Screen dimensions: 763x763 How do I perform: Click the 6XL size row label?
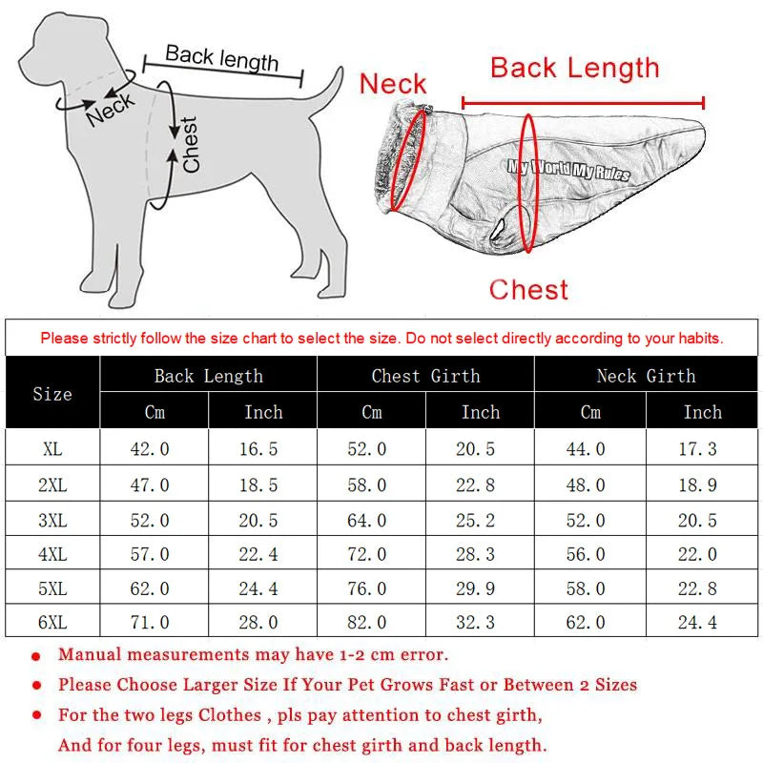point(52,623)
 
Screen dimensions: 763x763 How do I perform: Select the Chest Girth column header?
point(425,376)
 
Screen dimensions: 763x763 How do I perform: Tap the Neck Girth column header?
point(647,376)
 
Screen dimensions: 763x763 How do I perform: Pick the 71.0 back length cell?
point(150,623)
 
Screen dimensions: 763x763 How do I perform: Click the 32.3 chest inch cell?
point(475,623)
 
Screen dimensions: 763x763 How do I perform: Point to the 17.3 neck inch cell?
point(697,448)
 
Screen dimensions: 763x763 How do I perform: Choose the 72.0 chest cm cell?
point(366,554)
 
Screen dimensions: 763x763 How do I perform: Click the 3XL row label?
point(52,520)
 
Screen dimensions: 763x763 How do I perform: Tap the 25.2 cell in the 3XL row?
point(475,520)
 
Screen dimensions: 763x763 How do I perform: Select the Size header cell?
point(52,394)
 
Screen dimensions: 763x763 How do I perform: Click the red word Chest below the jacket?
point(528,290)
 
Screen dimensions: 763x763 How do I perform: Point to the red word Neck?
point(393,84)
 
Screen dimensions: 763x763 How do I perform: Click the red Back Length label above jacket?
point(575,68)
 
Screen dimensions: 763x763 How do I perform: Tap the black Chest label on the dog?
point(190,145)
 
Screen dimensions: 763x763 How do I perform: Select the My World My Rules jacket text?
point(568,170)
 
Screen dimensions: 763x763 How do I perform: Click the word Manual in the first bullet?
point(90,654)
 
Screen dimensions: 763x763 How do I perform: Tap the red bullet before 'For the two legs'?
point(36,714)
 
